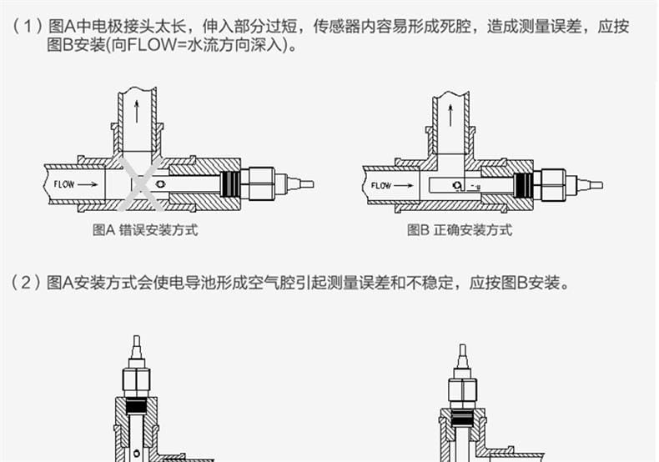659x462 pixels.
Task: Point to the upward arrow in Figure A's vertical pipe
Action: pyautogui.click(x=133, y=109)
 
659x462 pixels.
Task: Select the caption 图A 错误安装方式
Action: pyautogui.click(x=145, y=230)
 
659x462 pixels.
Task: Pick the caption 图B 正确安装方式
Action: pyautogui.click(x=460, y=230)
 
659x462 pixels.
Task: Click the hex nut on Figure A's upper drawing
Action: pyautogui.click(x=260, y=183)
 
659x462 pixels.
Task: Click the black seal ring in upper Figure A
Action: pyautogui.click(x=231, y=183)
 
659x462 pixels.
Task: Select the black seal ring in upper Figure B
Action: pyautogui.click(x=524, y=184)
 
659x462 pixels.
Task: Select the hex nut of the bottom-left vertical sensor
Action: pyautogui.click(x=135, y=380)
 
